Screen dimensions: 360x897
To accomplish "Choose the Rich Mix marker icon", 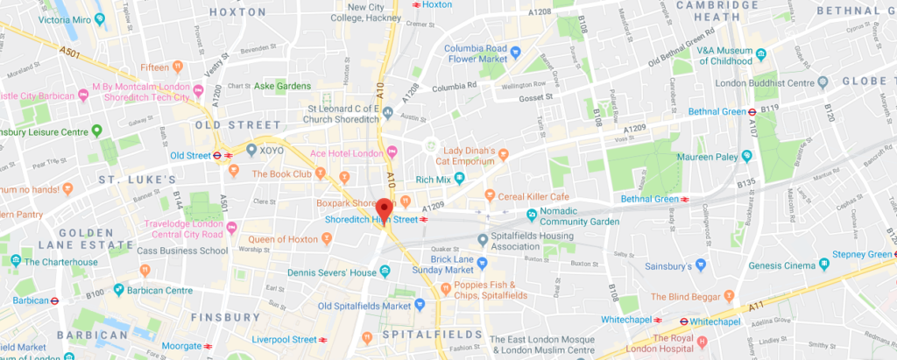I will click(x=460, y=180).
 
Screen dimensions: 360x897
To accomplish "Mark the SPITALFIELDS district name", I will click(x=433, y=335).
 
